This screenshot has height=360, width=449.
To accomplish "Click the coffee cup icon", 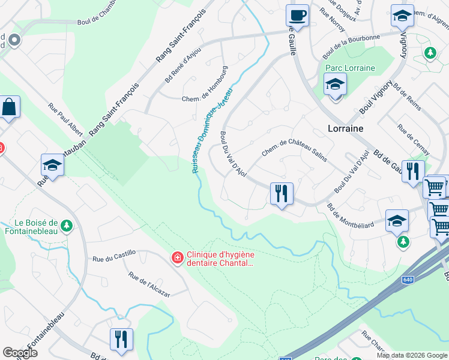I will pyautogui.click(x=297, y=15).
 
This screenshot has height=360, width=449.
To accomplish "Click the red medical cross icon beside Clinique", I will pyautogui.click(x=178, y=257).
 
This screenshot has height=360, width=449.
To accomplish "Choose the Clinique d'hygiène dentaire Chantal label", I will pyautogui.click(x=220, y=258).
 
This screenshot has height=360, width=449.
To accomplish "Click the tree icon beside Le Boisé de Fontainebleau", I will pyautogui.click(x=67, y=226).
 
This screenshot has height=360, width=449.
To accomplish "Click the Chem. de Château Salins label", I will pyautogui.click(x=294, y=149).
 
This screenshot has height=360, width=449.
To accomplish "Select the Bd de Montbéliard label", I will pyautogui.click(x=350, y=216).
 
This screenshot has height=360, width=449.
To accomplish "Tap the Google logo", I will pyautogui.click(x=20, y=353).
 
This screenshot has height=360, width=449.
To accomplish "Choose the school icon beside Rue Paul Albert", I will pyautogui.click(x=52, y=165).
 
